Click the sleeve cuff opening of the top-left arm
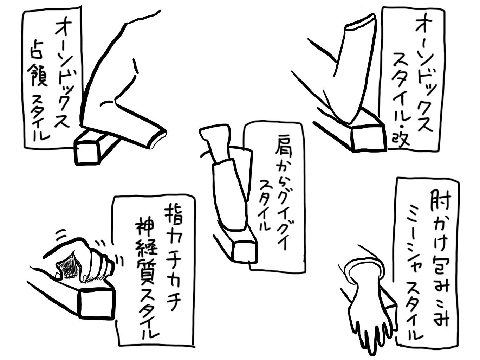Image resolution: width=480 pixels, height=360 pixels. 159,138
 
